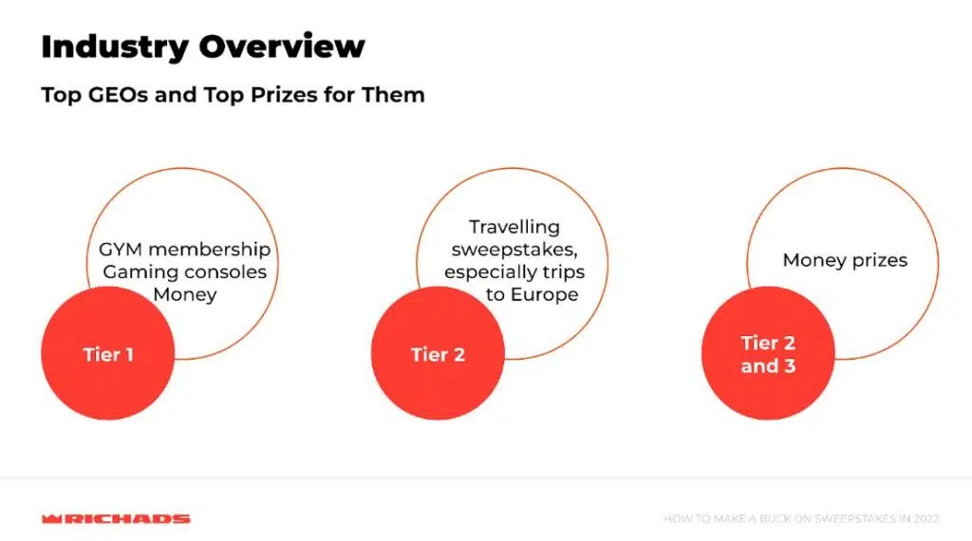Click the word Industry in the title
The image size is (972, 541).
point(115,47)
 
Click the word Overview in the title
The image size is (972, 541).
point(282,46)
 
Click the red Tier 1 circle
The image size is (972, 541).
point(108,353)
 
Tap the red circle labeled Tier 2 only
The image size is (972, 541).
point(438,353)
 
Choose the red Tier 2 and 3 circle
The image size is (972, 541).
point(768,353)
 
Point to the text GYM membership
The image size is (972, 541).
point(185,249)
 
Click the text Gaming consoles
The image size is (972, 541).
point(185,272)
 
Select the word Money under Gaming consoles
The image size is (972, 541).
point(185,294)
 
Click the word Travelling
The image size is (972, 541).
point(514,228)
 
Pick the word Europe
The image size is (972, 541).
point(544,294)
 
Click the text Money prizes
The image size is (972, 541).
point(845,260)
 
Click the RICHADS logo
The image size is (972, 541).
point(116,518)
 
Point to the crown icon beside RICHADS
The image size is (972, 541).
point(51,518)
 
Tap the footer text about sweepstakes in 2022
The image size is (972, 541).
point(801,518)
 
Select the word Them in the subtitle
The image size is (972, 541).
point(393,95)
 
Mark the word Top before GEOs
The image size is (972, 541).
point(62,96)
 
